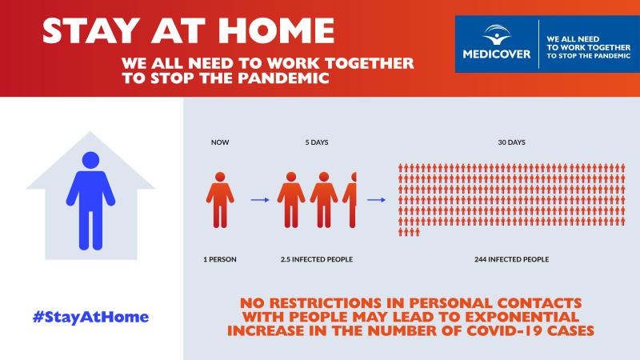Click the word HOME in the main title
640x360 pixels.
point(276,30)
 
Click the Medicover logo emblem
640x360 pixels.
point(496,34)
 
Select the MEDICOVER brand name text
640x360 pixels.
point(497,54)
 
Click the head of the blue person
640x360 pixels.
point(90,160)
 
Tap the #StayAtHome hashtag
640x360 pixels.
point(90,317)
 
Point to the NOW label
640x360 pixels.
point(220,142)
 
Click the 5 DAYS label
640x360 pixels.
point(317,142)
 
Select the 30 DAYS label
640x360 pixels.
point(511,142)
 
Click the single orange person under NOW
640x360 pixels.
point(220,199)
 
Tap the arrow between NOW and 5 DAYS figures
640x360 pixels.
point(260,200)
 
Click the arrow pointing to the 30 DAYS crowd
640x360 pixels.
point(376,200)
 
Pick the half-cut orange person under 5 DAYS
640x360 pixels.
point(350,199)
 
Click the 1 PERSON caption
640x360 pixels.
point(220,259)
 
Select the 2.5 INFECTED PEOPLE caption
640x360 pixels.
point(317,259)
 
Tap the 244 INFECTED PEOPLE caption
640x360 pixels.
point(511,259)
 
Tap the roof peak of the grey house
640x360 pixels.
point(90,132)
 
